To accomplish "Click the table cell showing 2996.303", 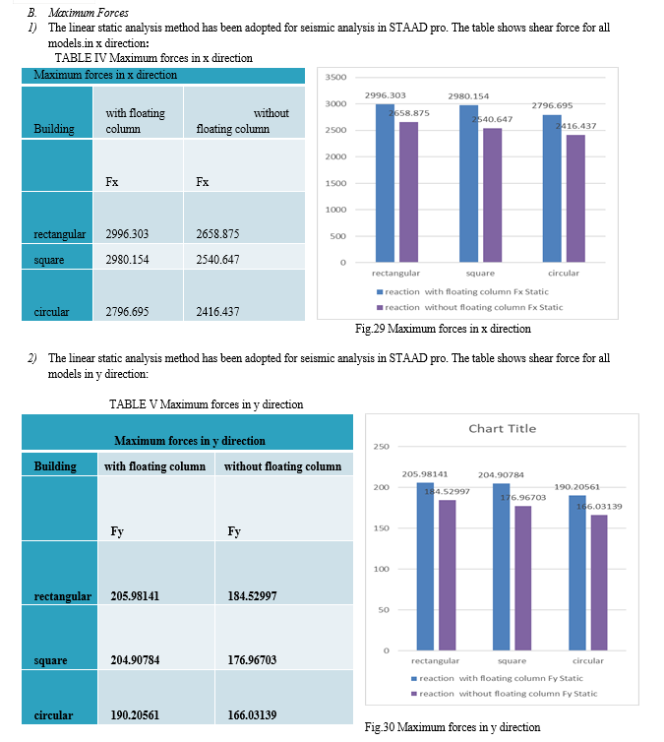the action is pyautogui.click(x=138, y=217).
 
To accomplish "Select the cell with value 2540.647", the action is pyautogui.click(x=244, y=257).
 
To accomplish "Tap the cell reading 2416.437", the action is pyautogui.click(x=244, y=295).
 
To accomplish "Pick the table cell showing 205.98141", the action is pyautogui.click(x=156, y=573).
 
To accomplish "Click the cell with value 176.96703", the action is pyautogui.click(x=284, y=638).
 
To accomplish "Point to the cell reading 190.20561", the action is pyautogui.click(x=156, y=697).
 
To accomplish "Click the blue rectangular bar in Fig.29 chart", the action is pyautogui.click(x=385, y=183).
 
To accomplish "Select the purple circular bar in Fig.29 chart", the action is pyautogui.click(x=575, y=198).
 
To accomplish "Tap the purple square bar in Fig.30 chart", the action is pyautogui.click(x=522, y=579).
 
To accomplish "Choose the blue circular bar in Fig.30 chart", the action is pyautogui.click(x=577, y=573).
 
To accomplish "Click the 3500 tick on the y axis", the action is pyautogui.click(x=335, y=77).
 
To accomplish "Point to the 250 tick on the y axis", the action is pyautogui.click(x=382, y=446).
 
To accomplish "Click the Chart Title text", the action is pyautogui.click(x=503, y=429).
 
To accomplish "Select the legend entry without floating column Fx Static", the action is pyautogui.click(x=469, y=308).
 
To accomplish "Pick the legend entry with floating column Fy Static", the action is pyautogui.click(x=497, y=678).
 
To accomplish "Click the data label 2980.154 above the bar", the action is pyautogui.click(x=468, y=96).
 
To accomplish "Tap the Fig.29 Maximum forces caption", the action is pyautogui.click(x=443, y=329).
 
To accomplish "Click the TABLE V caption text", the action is pyautogui.click(x=207, y=404).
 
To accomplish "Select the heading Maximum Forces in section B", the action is pyautogui.click(x=88, y=13).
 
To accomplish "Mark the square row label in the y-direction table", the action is pyautogui.click(x=50, y=660).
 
